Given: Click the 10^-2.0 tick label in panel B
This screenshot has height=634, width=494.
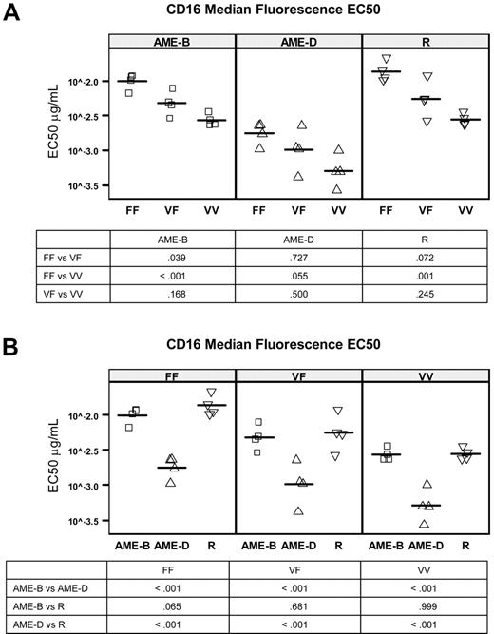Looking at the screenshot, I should point(84,416).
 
